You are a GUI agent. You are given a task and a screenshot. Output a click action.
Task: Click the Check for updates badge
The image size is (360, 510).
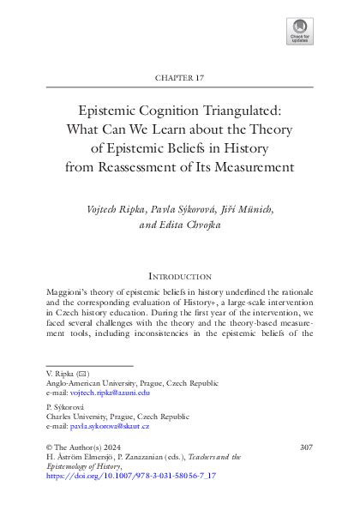pos(301,32)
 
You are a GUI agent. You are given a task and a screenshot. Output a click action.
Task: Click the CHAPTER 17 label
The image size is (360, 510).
pos(180,77)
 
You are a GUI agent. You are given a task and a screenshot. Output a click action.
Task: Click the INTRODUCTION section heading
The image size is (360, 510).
pos(180,277)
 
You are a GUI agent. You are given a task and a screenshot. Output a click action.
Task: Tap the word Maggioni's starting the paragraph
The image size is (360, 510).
pos(68,293)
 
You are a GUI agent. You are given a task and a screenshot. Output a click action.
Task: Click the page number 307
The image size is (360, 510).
pos(305,447)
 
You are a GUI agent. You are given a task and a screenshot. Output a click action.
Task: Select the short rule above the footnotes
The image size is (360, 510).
pos(76,366)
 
